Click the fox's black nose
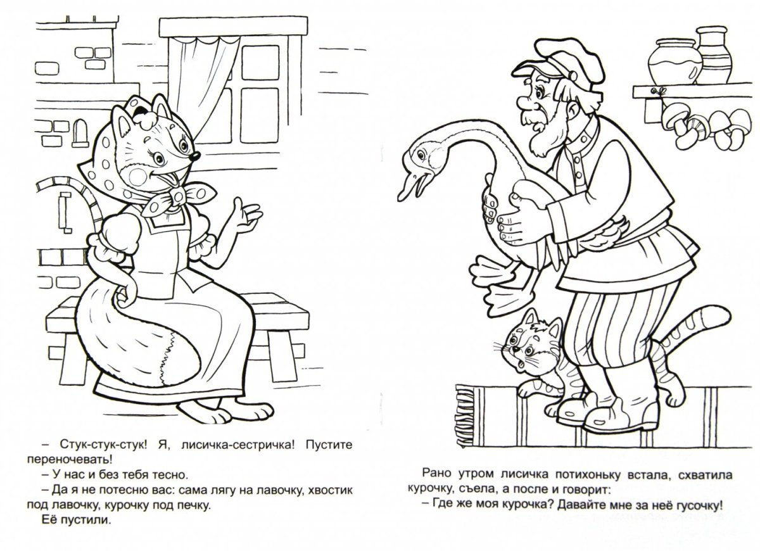pyautogui.click(x=195, y=156)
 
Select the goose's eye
pyautogui.click(x=421, y=155)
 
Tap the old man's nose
pyautogui.click(x=524, y=102)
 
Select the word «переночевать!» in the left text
pyautogui.click(x=70, y=460)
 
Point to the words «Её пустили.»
pyautogui.click(x=77, y=520)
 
